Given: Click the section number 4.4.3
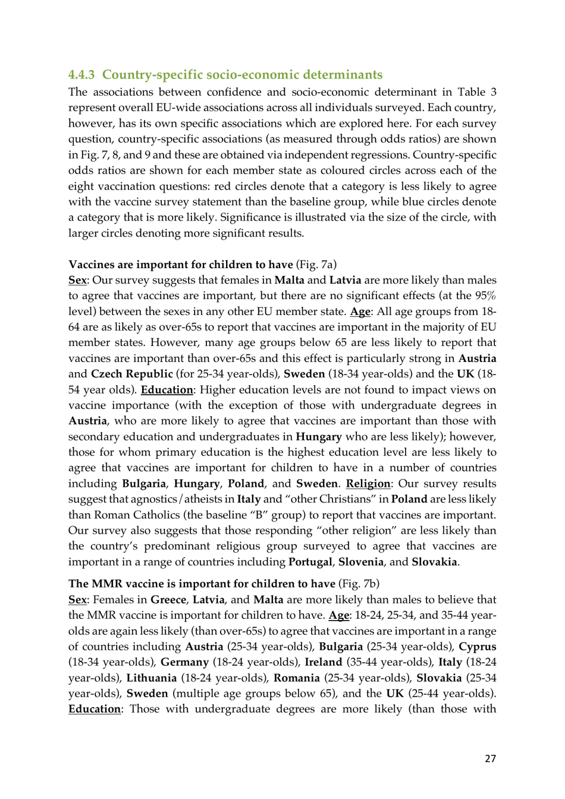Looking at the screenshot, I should point(81,75).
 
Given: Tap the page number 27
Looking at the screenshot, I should point(490,758).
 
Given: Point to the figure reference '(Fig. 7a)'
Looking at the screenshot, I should point(316,265).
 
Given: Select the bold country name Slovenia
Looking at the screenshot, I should point(361,562).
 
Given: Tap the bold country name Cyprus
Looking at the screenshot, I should point(477,647).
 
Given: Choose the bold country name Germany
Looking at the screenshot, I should point(184,662).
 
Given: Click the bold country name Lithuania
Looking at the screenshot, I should point(152,678).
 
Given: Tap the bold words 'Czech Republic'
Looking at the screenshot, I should point(131,374).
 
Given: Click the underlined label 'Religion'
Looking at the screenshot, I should point(368,484).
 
